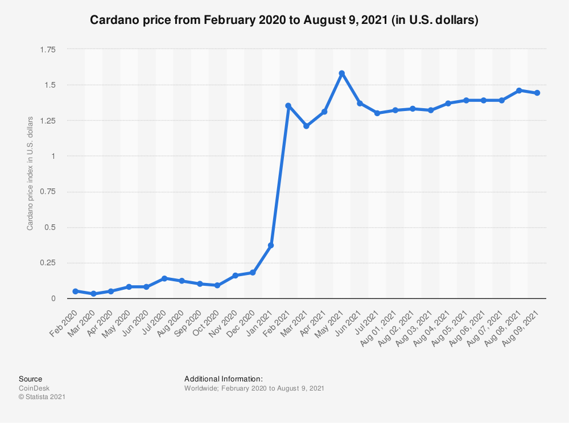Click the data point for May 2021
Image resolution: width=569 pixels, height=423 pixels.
[x=341, y=73]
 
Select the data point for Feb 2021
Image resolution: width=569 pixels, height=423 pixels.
[x=288, y=106]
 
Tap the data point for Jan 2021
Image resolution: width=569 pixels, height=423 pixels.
[x=271, y=245]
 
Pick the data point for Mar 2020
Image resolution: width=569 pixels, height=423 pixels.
[x=93, y=294]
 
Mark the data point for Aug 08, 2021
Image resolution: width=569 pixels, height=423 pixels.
[x=519, y=91]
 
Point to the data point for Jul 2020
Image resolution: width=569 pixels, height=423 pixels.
[x=164, y=278]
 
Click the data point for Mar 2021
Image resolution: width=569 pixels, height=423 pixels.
[x=306, y=126]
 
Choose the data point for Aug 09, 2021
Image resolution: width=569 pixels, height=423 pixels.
[x=537, y=93]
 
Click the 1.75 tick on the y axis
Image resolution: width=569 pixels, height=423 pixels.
[x=48, y=50]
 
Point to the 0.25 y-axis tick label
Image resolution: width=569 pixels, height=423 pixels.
[x=48, y=262]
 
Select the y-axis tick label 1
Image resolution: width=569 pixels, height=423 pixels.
[x=53, y=156]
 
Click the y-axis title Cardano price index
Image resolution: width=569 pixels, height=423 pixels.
[x=30, y=174]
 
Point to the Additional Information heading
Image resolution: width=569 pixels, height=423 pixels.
[x=224, y=379]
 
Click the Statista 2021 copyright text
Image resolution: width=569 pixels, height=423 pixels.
[x=42, y=397]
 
